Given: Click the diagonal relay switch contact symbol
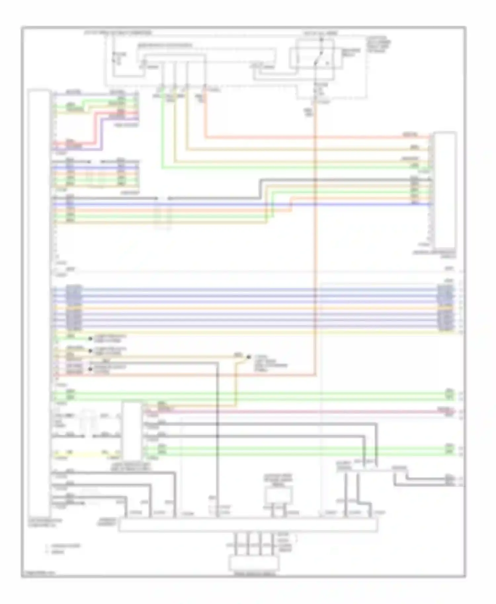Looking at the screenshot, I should (318, 60).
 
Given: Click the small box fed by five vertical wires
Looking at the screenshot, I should (254, 563).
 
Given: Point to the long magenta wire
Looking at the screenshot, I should (298, 412).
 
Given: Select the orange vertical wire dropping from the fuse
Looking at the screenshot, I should (315, 231).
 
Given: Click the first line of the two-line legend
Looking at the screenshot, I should (65, 546).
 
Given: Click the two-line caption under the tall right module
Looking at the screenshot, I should (434, 254).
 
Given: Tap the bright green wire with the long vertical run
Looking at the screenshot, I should (162, 132).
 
